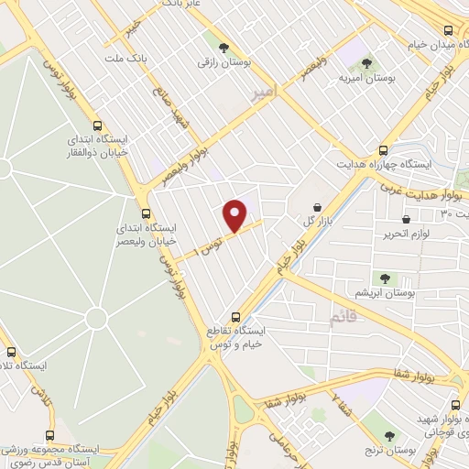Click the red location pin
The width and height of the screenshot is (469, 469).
(235, 215)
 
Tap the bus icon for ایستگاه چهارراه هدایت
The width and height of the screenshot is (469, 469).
(383, 151)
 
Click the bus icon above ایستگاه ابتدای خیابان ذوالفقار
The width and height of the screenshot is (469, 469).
(97, 125)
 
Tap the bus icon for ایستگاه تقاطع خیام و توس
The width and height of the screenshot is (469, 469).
(235, 316)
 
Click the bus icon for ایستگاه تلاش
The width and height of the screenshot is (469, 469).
(11, 352)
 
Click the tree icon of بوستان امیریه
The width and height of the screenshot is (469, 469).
(366, 63)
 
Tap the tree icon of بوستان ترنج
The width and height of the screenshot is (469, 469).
(390, 436)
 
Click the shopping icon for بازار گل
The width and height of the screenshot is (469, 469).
(317, 209)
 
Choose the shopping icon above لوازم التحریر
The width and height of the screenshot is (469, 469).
(406, 219)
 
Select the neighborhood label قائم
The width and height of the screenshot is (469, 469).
(342, 316)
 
